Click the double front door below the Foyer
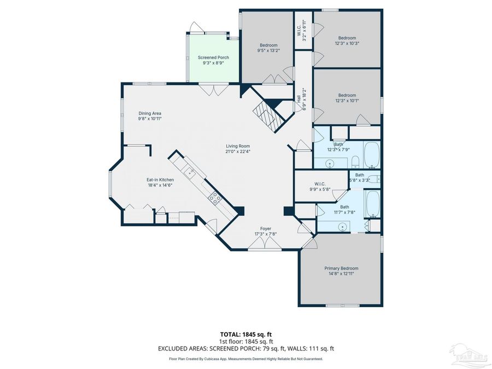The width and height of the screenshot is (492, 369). point(265,247)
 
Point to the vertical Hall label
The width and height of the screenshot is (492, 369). point(298,102)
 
